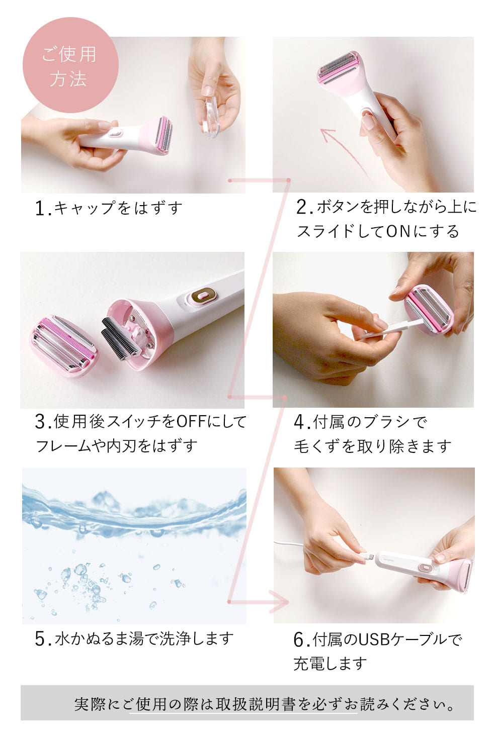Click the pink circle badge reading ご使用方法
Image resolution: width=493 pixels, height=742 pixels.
[70, 65]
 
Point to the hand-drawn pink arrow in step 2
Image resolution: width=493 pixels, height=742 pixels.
[344, 152]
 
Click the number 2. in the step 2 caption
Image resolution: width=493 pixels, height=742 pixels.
[304, 207]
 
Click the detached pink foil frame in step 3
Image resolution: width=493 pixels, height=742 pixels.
[63, 347]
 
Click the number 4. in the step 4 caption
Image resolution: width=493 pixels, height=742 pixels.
[302, 422]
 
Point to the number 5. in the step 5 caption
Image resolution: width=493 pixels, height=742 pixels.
[43, 638]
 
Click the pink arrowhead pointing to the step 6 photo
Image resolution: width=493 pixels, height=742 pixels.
[281, 602]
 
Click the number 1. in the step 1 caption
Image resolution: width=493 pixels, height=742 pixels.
[43, 209]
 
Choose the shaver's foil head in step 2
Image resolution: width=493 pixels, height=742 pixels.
[338, 67]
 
